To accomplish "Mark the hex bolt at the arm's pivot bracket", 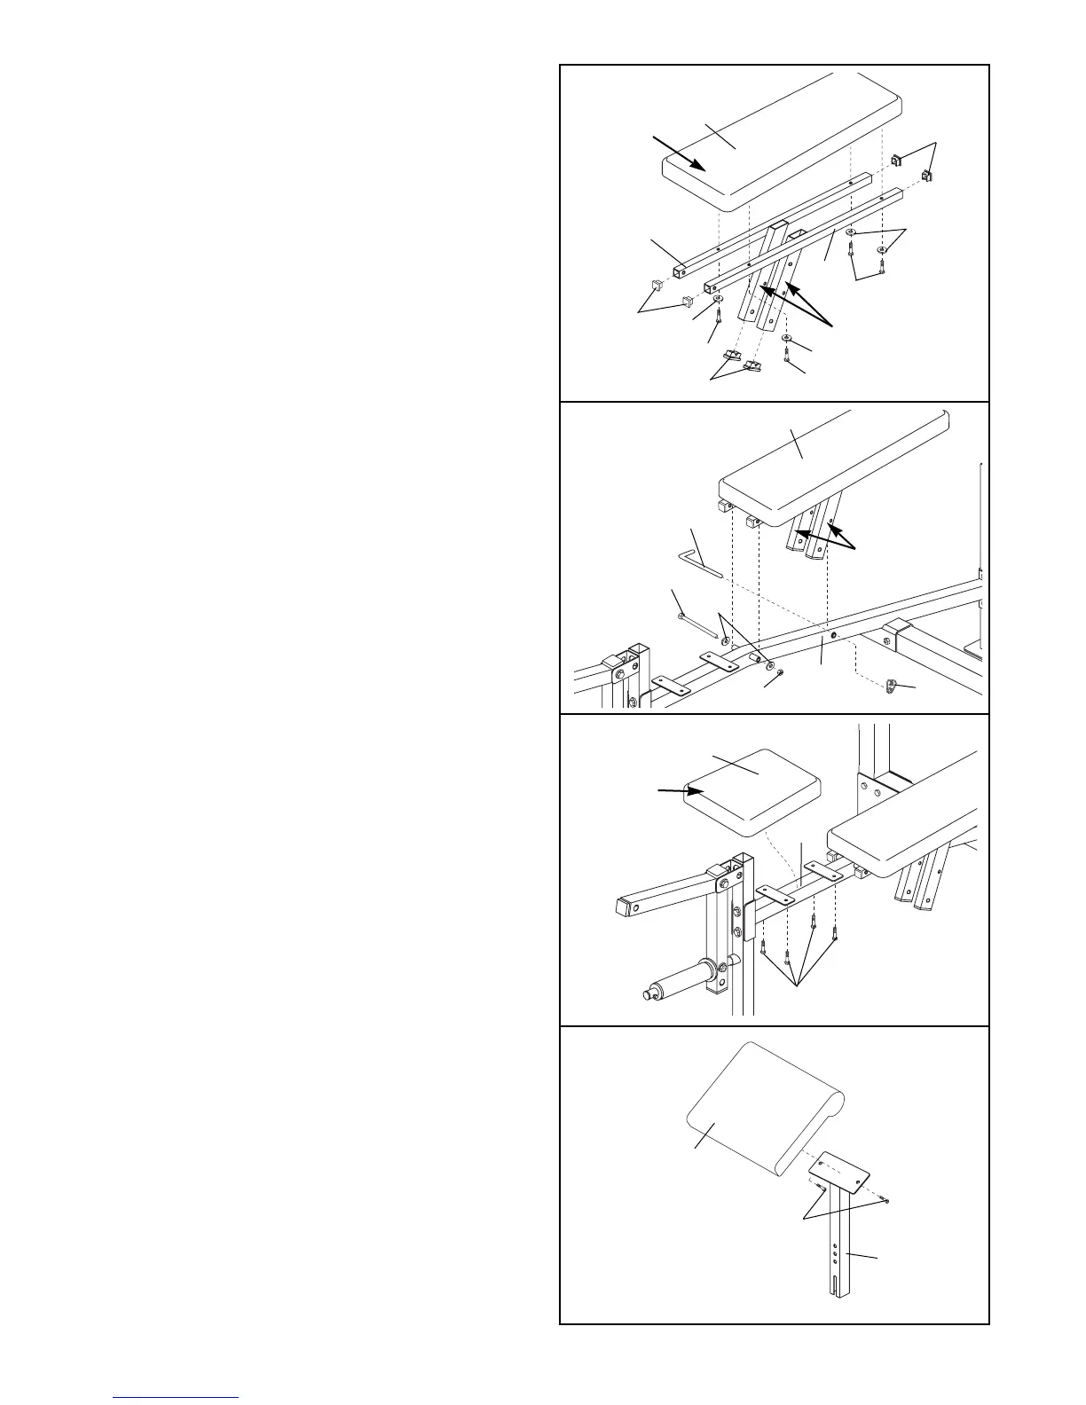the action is tap(726, 883).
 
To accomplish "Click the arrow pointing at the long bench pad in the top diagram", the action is tap(679, 152).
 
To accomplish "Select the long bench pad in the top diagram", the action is tap(781, 142).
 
